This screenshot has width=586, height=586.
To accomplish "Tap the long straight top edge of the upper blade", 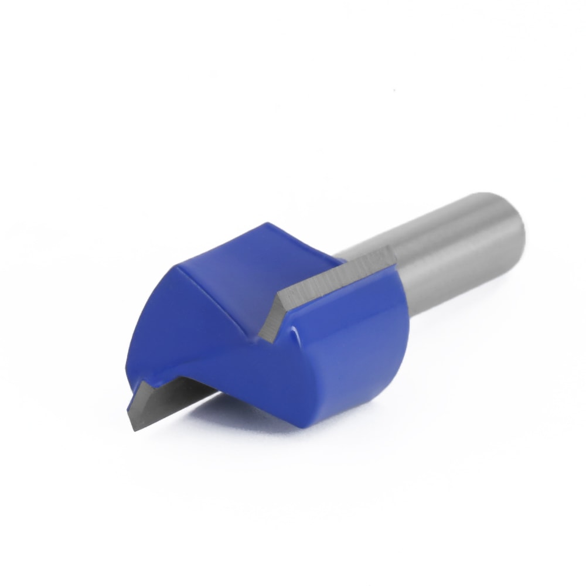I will click(334, 270).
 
